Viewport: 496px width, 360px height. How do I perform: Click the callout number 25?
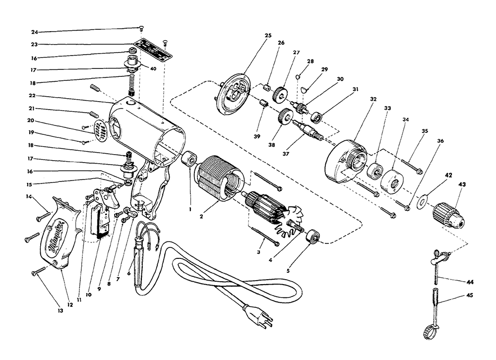pyautogui.click(x=268, y=35)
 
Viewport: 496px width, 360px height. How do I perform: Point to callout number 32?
pyautogui.click(x=373, y=99)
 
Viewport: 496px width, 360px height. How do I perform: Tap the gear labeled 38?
pyautogui.click(x=285, y=118)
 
